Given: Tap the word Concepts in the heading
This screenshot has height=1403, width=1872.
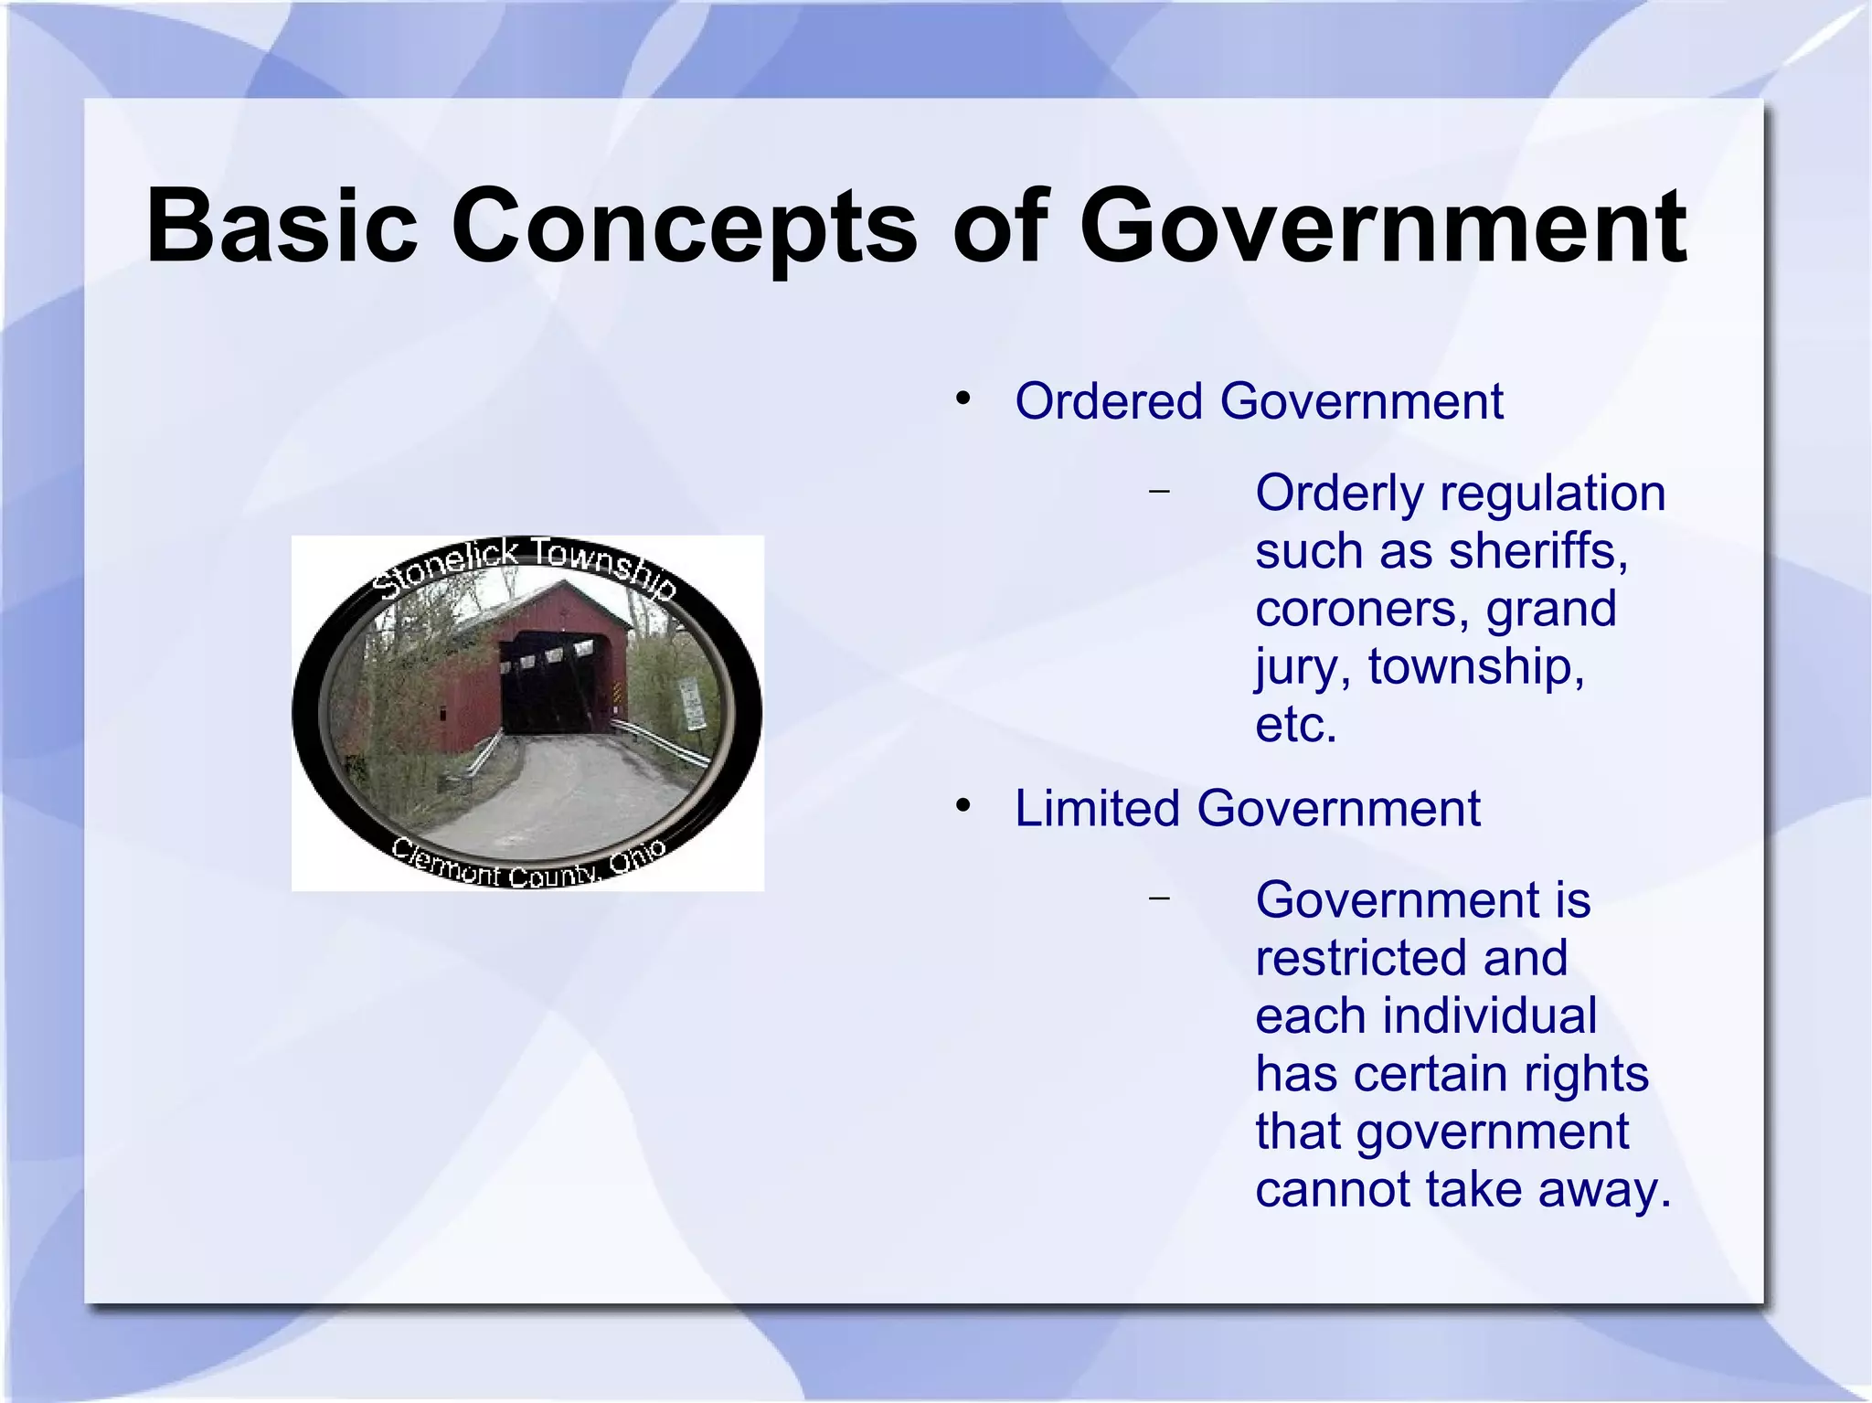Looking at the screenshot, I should coord(683,226).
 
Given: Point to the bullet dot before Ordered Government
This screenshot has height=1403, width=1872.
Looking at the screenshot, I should coord(963,399).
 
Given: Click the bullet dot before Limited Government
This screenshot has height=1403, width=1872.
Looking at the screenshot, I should coord(963,806).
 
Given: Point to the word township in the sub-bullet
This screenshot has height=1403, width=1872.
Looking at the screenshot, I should coord(1475,667).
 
